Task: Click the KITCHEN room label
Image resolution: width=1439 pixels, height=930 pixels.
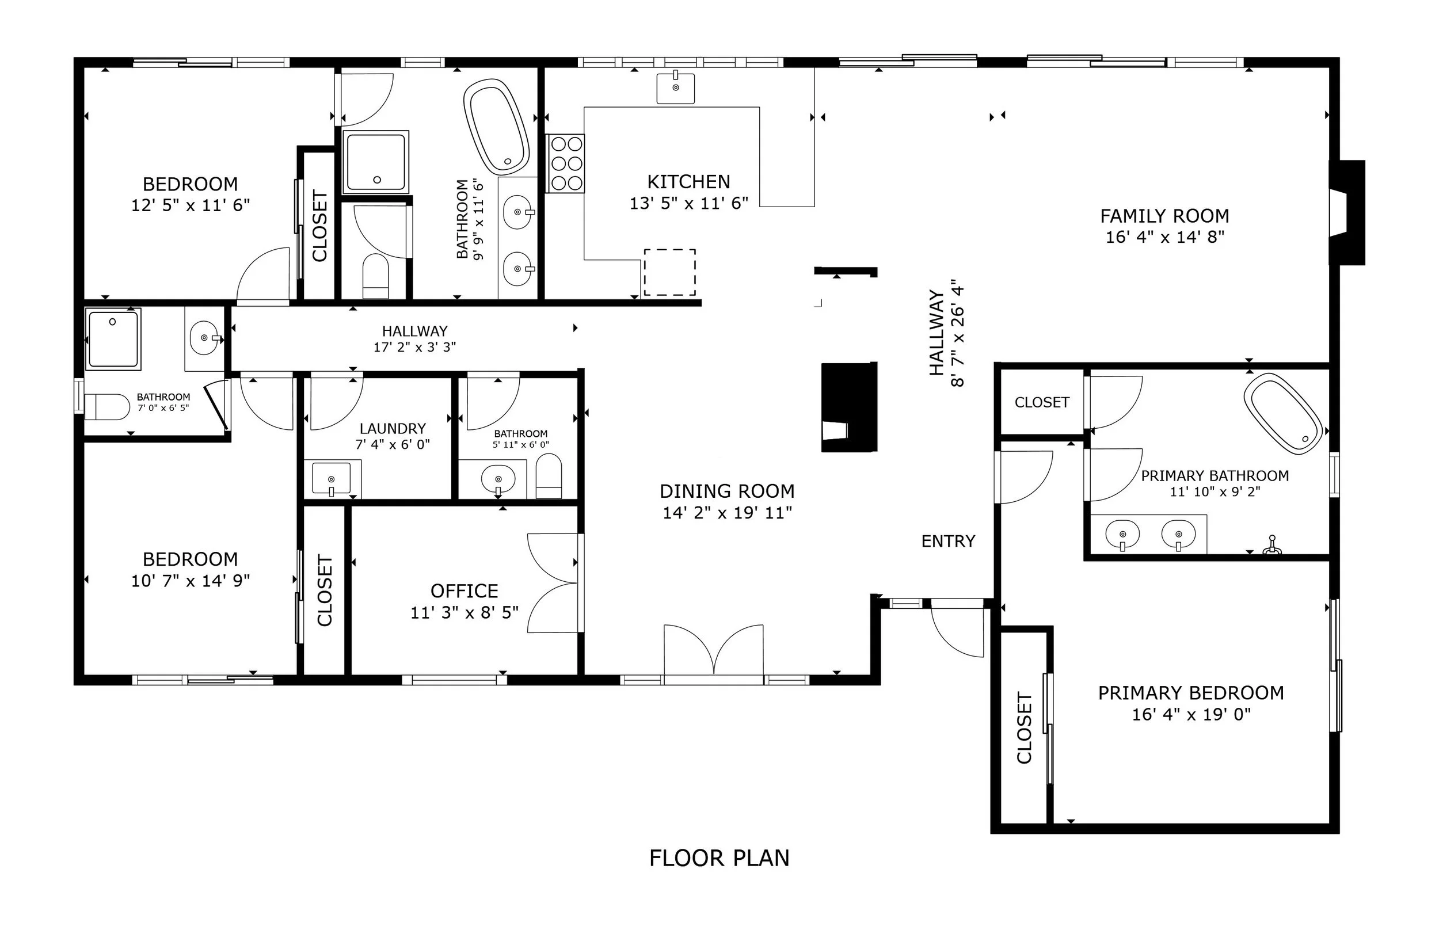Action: [688, 182]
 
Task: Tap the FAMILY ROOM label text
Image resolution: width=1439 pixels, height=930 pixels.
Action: [1164, 216]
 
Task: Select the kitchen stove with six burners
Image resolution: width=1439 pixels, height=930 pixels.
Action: [565, 163]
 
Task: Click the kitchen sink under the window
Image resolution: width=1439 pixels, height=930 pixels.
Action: [675, 87]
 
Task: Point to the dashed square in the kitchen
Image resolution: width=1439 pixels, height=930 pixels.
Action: [669, 272]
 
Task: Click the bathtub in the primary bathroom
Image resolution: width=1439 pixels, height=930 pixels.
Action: [1282, 413]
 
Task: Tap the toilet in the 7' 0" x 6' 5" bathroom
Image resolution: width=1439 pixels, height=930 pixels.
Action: [107, 406]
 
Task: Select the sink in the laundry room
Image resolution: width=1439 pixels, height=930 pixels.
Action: [332, 478]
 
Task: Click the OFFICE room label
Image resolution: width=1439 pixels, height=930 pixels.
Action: [465, 590]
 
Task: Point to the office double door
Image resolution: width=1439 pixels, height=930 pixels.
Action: [553, 584]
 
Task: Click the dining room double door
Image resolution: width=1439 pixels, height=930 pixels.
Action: [714, 653]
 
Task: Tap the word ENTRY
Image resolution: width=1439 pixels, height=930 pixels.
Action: [948, 541]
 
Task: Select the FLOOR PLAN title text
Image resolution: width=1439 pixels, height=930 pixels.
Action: [719, 858]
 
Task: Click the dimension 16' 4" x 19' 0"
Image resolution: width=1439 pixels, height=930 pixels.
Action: [1191, 714]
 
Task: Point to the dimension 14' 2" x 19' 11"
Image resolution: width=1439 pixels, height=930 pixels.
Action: [727, 513]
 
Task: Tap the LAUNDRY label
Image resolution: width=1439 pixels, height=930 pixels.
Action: [393, 429]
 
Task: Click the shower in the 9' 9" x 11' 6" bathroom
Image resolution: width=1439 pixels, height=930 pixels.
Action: [376, 162]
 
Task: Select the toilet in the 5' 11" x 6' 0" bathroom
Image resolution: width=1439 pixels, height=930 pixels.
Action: [549, 476]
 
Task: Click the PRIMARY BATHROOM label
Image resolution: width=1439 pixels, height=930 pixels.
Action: [1215, 476]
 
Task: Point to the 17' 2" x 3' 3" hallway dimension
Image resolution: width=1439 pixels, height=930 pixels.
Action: [414, 346]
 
